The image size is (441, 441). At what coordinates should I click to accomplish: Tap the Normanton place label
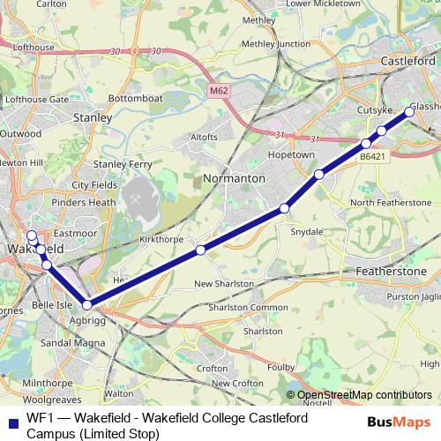coord(234,178)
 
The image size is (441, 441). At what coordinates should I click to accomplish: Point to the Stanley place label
coord(93,116)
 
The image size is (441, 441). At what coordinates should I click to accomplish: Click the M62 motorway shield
coord(220,91)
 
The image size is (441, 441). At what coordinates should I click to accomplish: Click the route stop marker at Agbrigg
coord(86,304)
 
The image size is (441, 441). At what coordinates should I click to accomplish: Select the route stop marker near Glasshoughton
coord(409,110)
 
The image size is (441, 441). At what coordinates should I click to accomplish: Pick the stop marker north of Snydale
coord(284,208)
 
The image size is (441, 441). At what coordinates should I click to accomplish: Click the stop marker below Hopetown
coord(319,175)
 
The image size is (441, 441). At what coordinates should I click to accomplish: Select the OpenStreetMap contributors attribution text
coord(364,395)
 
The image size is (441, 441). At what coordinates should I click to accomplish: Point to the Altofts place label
coord(204,138)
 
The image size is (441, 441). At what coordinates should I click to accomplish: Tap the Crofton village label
coord(214,368)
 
